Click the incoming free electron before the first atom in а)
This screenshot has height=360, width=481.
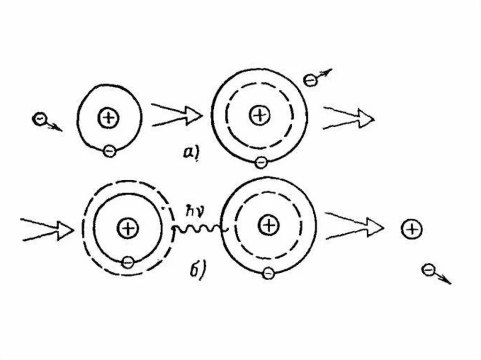[39, 119]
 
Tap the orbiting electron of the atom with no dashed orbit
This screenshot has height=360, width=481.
[109, 151]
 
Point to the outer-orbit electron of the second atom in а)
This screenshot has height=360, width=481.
[261, 162]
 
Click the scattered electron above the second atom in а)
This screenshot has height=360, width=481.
[310, 80]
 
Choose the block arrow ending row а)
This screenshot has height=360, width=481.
[349, 117]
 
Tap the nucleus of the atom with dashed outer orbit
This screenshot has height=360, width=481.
[127, 228]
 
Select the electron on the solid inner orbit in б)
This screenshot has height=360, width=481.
[127, 262]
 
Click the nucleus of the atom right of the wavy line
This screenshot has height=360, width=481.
[269, 226]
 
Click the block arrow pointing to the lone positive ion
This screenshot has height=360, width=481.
[355, 227]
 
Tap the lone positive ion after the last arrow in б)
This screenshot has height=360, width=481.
[412, 229]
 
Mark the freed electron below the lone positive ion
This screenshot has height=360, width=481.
[428, 270]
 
